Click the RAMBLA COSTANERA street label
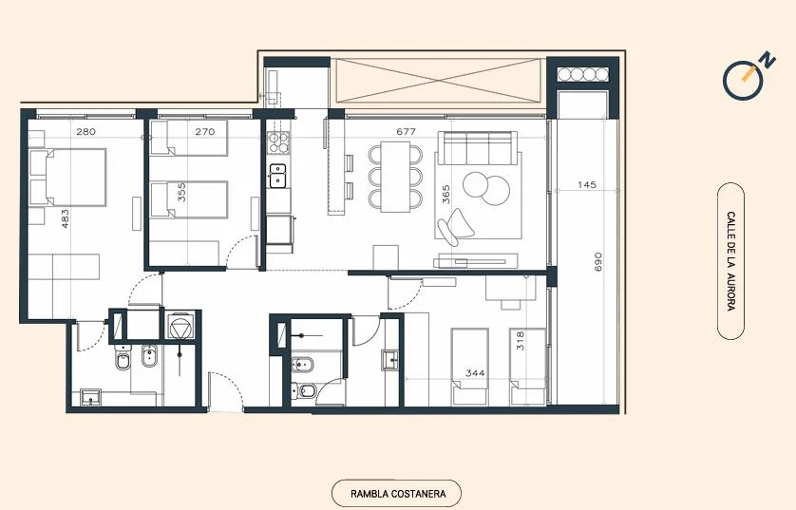tap(398, 493)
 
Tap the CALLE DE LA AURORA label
tap(731, 261)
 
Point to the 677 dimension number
tap(407, 131)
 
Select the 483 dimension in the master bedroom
tap(65, 218)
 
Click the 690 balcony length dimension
tap(598, 261)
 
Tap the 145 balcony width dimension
tap(587, 184)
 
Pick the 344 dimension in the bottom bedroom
tap(475, 373)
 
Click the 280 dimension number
tap(85, 131)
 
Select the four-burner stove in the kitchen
tap(278, 142)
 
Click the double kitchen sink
tap(277, 176)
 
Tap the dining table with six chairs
tap(395, 177)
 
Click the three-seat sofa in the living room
tap(478, 148)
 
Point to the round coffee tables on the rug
tap(486, 188)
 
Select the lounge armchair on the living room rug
tap(455, 227)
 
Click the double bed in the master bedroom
tap(67, 177)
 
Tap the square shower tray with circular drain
tap(180, 327)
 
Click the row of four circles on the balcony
tap(583, 75)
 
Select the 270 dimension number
tap(205, 131)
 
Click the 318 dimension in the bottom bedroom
tap(521, 341)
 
